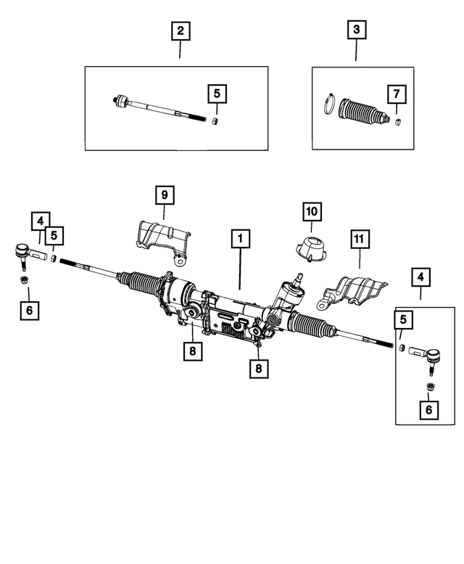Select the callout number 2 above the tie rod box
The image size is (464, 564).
[x=180, y=31]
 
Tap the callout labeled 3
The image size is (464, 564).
[x=356, y=31]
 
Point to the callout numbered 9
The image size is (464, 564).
[x=164, y=195]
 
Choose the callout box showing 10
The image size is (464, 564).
[x=312, y=211]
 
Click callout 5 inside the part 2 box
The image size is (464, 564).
[x=216, y=94]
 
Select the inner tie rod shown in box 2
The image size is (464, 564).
[x=152, y=107]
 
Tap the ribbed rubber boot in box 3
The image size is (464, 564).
[x=361, y=116]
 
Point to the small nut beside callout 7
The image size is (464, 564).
[x=397, y=120]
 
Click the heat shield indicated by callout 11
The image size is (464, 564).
[x=354, y=291]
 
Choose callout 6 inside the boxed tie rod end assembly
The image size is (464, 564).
[x=428, y=410]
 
